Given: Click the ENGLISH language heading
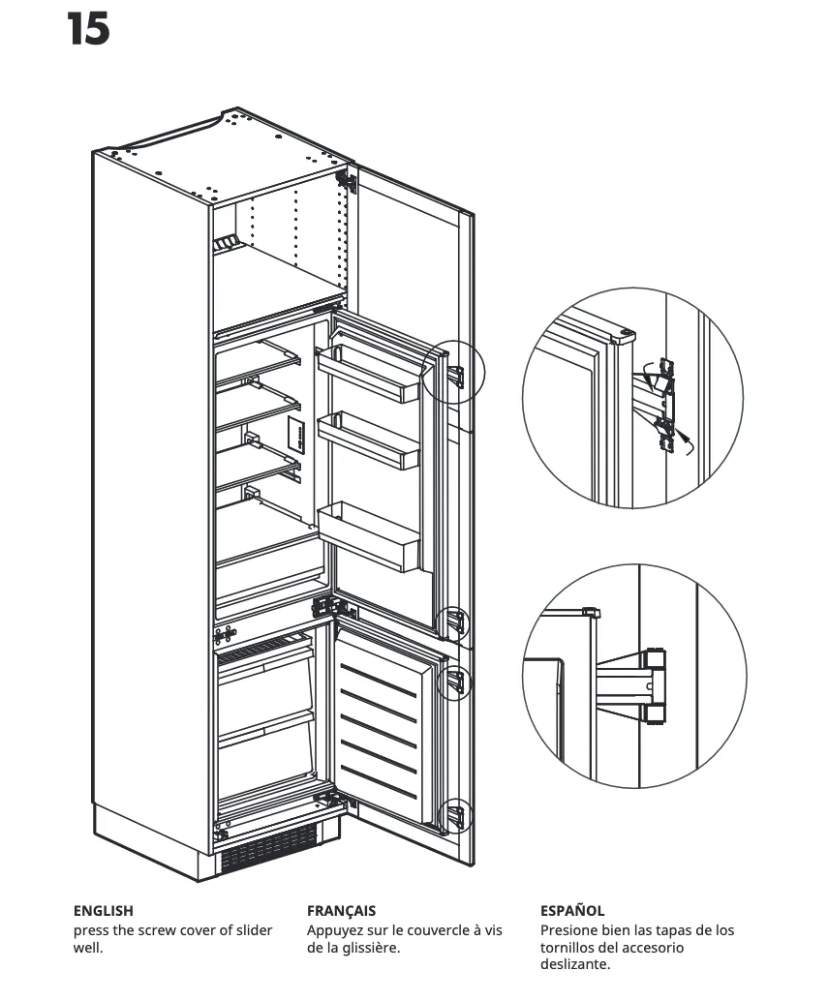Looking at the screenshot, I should (x=104, y=910).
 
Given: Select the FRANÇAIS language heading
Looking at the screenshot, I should (x=341, y=910).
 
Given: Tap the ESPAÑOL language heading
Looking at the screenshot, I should (x=572, y=910).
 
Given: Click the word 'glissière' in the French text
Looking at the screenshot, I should (x=362, y=947).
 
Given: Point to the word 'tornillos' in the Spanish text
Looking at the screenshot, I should (x=569, y=947).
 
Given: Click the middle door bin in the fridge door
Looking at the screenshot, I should (x=368, y=440).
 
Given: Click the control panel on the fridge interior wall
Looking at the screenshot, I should (x=295, y=437).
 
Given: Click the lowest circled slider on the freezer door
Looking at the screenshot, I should (x=454, y=816).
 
